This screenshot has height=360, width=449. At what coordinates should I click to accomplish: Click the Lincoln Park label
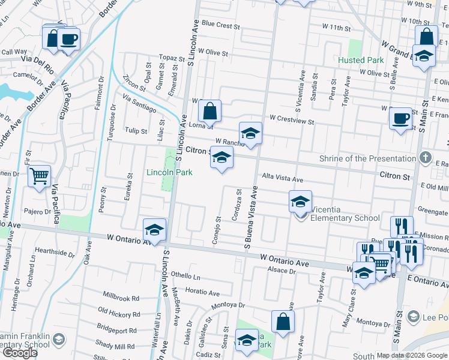click(x=169, y=172)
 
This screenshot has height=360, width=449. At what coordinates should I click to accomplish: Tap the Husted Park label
click(x=361, y=61)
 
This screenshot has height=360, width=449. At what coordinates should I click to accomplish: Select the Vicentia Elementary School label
click(x=345, y=218)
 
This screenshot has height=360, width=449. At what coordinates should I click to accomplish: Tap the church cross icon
click(x=425, y=158)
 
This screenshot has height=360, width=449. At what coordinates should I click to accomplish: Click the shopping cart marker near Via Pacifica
click(x=39, y=176)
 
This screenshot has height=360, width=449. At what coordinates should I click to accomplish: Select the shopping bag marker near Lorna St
click(x=210, y=111)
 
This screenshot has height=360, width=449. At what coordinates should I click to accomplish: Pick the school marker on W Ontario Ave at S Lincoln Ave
click(x=154, y=230)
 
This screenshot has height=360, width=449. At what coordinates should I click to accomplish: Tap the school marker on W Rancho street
click(x=250, y=133)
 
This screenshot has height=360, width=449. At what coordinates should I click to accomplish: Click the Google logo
click(x=20, y=353)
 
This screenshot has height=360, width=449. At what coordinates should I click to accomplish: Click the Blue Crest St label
click(x=220, y=26)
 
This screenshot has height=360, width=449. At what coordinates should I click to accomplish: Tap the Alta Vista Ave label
click(x=282, y=179)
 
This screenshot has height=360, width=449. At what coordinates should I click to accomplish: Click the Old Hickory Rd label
click(x=118, y=313)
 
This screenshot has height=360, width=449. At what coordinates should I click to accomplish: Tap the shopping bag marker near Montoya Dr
click(x=283, y=321)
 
